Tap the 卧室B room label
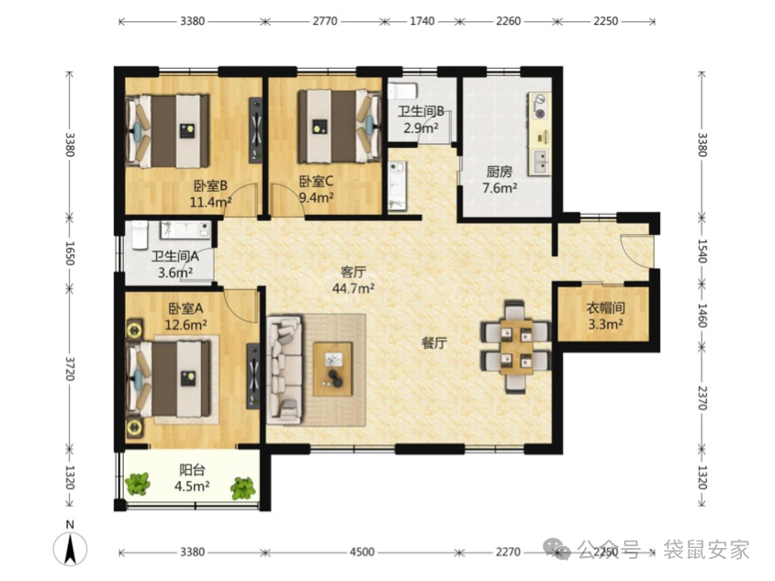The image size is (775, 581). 210,185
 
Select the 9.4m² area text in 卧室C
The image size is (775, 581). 316,197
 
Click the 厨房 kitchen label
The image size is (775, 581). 500,172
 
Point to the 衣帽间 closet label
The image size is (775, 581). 605,308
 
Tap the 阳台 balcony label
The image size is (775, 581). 192,470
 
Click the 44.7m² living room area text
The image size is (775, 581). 353,288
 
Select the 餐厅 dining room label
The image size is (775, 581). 434,342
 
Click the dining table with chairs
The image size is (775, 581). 515,346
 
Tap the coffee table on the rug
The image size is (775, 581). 333,369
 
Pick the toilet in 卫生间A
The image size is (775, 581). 140,236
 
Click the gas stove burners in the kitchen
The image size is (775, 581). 539,106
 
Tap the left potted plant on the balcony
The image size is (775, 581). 138,485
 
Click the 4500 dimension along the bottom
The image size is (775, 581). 362,552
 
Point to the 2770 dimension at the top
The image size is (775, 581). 325,21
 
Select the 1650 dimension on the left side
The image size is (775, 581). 70,253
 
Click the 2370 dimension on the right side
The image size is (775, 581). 702,397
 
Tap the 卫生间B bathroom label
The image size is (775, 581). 421,112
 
